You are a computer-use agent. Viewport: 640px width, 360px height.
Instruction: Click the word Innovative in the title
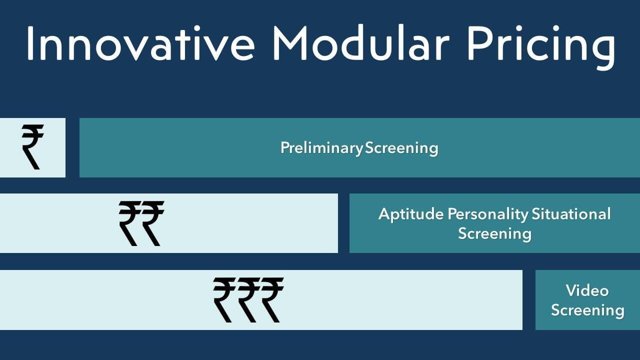click(140, 43)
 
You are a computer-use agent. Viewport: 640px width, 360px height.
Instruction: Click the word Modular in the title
click(361, 43)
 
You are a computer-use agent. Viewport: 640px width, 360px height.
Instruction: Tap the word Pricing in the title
click(541, 47)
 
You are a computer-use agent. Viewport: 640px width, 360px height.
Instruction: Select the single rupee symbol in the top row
click(32, 147)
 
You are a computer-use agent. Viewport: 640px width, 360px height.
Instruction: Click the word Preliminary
click(321, 148)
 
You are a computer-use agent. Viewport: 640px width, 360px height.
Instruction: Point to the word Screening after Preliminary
click(401, 148)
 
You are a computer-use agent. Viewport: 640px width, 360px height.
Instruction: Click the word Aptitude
click(411, 214)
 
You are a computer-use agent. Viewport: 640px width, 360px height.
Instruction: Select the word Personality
click(488, 214)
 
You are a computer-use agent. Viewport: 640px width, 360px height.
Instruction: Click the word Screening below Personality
click(495, 234)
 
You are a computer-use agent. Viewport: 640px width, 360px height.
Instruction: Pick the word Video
click(587, 290)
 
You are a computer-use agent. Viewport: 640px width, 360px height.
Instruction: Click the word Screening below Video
click(587, 310)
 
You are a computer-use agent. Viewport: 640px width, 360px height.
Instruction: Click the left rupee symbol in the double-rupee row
click(129, 223)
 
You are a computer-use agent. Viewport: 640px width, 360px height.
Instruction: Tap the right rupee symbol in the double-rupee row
click(153, 223)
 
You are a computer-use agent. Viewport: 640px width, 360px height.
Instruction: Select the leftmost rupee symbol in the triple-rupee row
click(224, 300)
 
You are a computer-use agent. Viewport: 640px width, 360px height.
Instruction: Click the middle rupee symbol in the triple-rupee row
click(248, 300)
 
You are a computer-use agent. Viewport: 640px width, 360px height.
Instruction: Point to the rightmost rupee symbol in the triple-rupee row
click(272, 300)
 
